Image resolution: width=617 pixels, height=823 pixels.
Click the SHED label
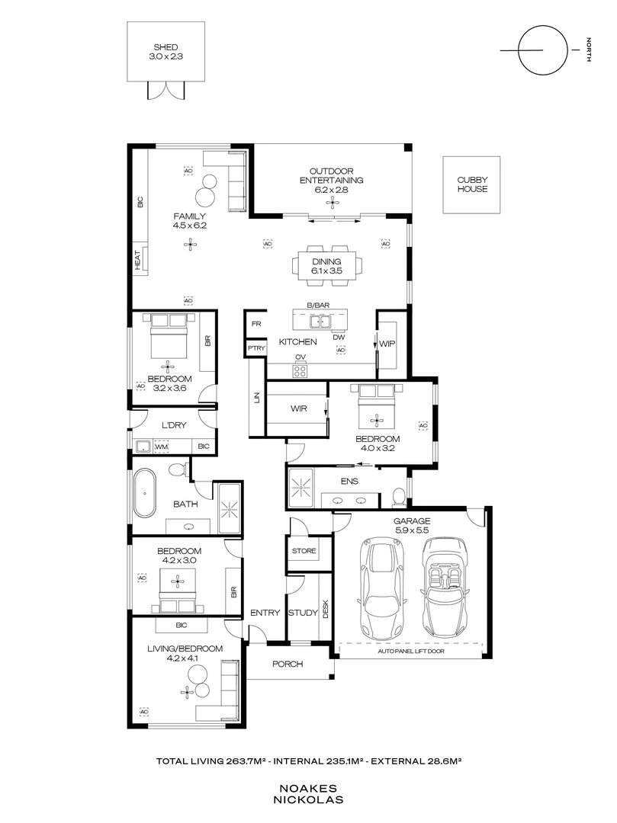tap(166, 47)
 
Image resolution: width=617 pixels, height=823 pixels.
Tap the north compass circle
tap(543, 26)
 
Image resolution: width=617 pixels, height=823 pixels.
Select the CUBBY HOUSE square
tap(471, 184)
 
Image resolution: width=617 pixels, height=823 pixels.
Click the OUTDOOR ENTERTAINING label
tap(331, 176)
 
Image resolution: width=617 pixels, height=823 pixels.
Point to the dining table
tap(327, 266)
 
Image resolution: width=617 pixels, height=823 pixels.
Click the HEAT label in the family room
tap(137, 261)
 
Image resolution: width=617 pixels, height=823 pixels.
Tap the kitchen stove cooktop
tap(300, 371)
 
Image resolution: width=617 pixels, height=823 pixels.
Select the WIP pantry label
tap(387, 344)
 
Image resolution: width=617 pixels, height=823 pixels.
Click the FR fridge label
tap(256, 324)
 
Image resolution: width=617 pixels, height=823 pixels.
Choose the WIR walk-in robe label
tap(299, 408)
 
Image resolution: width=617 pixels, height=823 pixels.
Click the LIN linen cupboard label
tap(257, 399)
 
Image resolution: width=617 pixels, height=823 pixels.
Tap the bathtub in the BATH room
tap(144, 493)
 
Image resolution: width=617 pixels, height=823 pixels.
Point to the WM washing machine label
tap(162, 447)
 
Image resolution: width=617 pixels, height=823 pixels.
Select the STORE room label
tap(304, 551)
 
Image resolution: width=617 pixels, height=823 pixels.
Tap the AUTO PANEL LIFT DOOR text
tap(411, 652)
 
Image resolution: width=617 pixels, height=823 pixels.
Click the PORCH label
tap(288, 664)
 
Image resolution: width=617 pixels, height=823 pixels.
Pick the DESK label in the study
tap(325, 609)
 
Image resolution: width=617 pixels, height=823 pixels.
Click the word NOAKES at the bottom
tap(308, 789)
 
